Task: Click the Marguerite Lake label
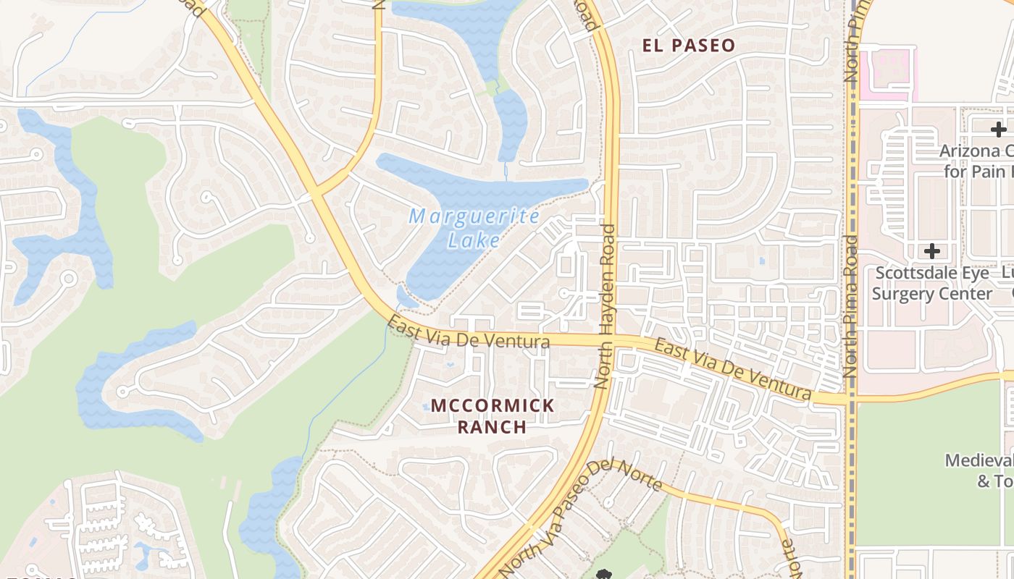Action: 474,227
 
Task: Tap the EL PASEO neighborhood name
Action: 689,46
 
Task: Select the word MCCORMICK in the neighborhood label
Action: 493,406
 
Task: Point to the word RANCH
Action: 493,427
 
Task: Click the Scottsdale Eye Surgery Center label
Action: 931,284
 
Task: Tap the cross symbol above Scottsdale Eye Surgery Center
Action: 932,251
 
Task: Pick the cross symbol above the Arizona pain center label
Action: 999,130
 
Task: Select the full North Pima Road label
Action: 850,305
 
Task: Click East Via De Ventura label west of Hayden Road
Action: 469,334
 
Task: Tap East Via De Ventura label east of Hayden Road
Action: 732,369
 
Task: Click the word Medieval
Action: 979,461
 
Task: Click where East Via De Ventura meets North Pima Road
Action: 850,399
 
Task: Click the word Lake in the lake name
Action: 474,240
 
